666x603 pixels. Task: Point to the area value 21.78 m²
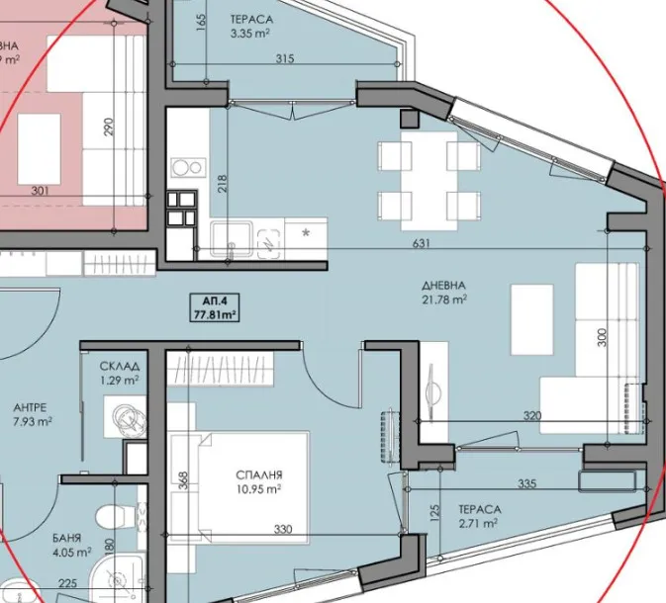pos(444,298)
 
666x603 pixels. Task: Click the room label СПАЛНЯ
pos(260,474)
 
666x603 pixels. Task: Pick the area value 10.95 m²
pos(260,488)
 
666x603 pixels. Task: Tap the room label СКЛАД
pos(119,364)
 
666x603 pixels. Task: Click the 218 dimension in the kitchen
pos(223,183)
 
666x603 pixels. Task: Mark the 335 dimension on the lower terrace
pos(526,483)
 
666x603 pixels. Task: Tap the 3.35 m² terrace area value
pos(251,34)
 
